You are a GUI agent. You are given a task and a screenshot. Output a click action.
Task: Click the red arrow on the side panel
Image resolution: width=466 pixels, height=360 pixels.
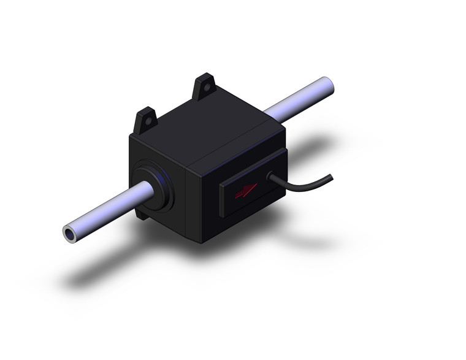pyautogui.click(x=243, y=191)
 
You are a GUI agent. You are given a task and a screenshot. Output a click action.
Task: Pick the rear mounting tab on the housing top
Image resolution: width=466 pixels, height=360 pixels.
pyautogui.click(x=204, y=86)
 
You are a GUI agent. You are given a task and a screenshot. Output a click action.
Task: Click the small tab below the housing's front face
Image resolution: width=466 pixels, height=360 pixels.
pyautogui.click(x=143, y=215)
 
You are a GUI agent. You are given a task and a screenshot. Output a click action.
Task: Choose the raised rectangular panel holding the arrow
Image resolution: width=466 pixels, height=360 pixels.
pyautogui.click(x=246, y=191)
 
